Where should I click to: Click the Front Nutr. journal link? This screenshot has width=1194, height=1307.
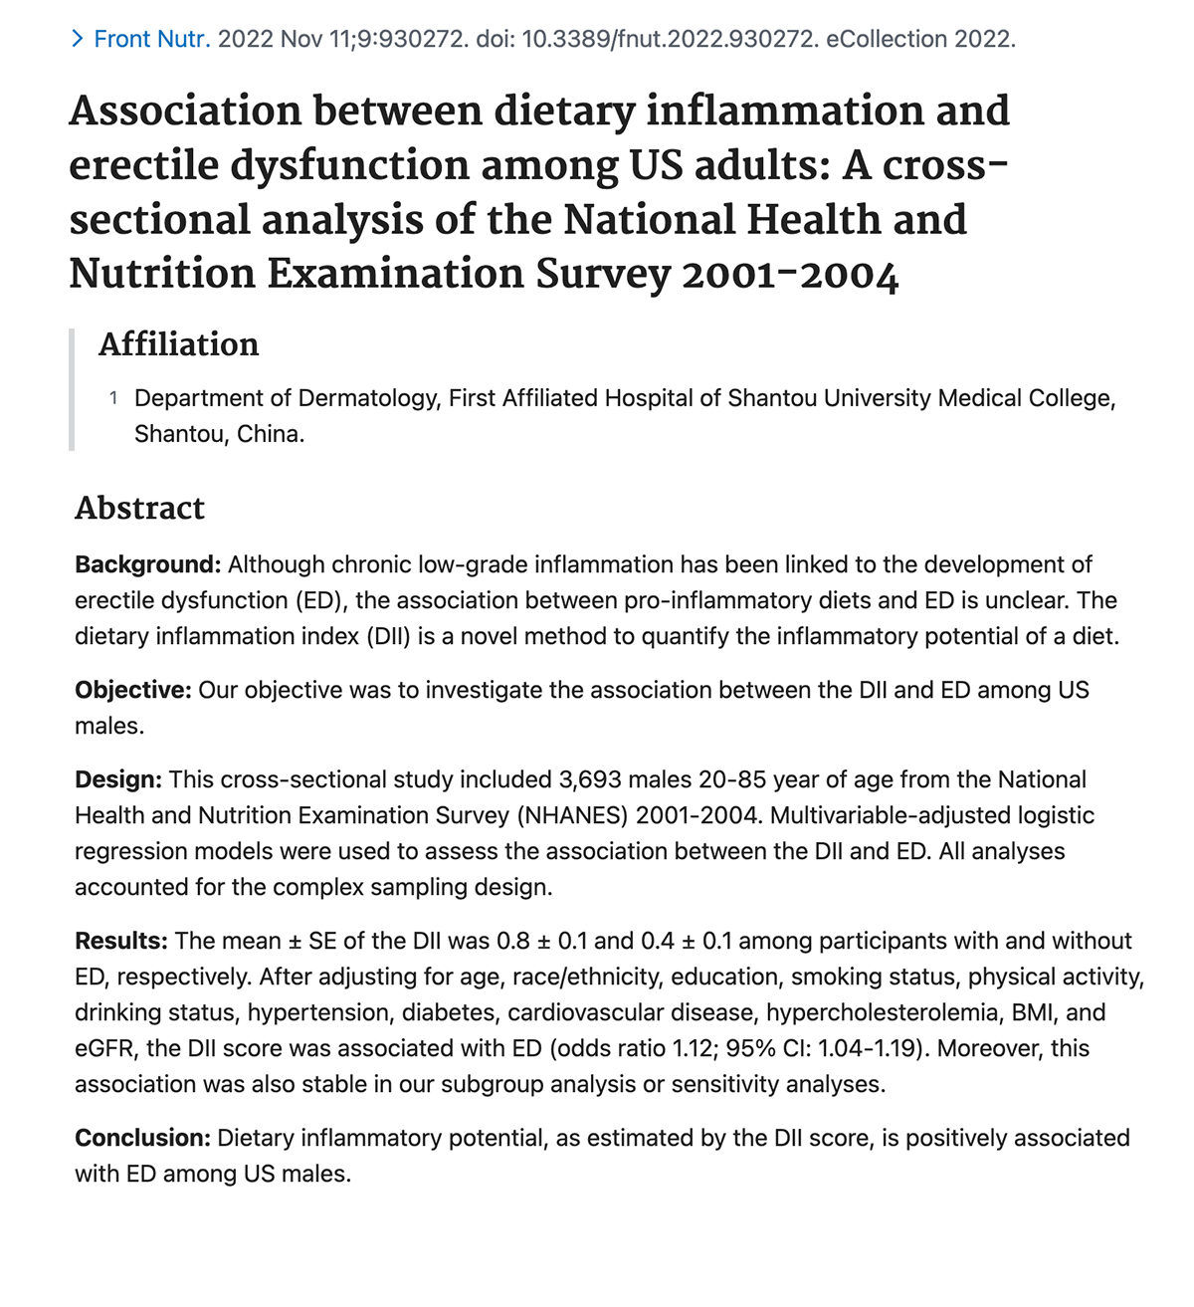151,40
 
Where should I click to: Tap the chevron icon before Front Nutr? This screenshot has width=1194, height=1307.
78,40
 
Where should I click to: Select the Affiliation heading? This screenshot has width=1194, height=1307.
178,344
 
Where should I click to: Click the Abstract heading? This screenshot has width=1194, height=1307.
139,508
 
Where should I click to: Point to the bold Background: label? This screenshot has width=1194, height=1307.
147,564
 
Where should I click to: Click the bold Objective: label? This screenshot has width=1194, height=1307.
132,690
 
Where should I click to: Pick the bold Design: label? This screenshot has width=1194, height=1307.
117,779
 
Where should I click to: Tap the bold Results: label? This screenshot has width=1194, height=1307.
120,941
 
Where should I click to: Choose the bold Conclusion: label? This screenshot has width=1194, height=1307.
142,1138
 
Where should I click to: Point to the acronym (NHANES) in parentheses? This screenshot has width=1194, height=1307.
572,815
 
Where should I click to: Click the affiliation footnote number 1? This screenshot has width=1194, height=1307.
113,398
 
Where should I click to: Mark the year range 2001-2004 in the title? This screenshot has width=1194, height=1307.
790,275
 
